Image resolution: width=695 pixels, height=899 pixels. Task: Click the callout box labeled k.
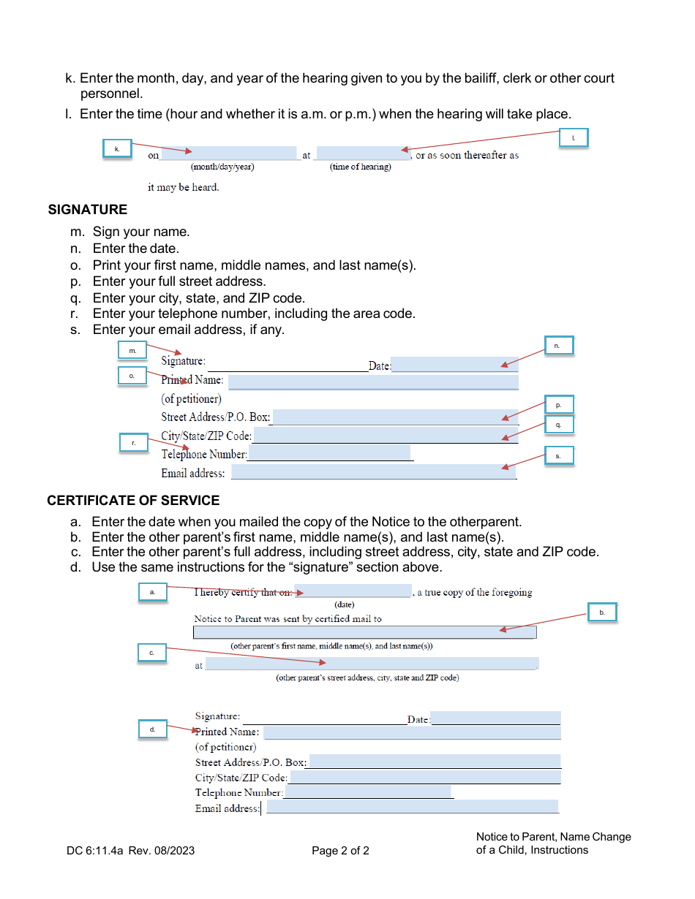pos(116,148)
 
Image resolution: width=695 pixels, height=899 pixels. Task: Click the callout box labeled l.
pos(574,137)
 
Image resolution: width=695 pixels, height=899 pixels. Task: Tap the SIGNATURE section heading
pos(88,210)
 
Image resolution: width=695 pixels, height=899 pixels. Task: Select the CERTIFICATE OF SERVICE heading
pos(133,501)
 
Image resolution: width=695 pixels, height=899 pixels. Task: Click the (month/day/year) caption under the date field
pos(222,167)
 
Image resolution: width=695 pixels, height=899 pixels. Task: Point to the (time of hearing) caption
pos(361,167)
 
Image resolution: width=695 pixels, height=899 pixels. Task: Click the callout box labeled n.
pos(559,345)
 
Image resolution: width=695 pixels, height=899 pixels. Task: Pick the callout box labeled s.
pos(559,456)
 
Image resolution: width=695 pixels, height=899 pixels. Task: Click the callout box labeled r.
pos(134,443)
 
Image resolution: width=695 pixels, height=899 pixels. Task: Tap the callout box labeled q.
pos(559,424)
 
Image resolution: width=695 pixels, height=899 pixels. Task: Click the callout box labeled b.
pos(602,612)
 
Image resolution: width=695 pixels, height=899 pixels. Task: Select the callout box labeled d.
pos(153,729)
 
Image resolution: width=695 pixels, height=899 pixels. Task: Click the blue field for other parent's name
pos(364,632)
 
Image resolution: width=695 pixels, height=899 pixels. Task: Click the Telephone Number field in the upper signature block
pos(329,454)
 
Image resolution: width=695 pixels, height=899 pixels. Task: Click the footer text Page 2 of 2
pos(340,851)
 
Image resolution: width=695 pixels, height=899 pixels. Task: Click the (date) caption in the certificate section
pos(344,604)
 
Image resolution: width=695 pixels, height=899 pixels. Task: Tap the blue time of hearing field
pos(363,153)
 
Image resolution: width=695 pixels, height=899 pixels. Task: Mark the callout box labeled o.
pos(132,375)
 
